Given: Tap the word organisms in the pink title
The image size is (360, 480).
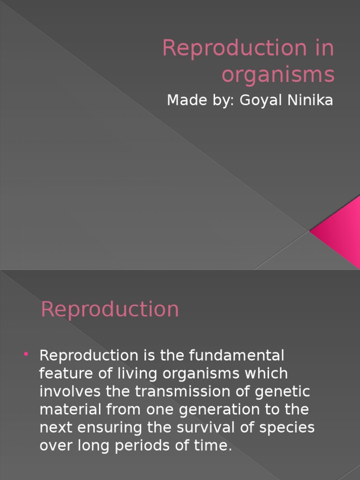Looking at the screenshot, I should click(278, 75).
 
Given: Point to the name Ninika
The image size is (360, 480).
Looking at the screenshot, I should click(310, 100).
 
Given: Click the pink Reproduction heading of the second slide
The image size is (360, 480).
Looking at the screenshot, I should click(110, 309).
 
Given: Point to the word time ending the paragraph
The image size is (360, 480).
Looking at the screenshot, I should click(216, 445).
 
